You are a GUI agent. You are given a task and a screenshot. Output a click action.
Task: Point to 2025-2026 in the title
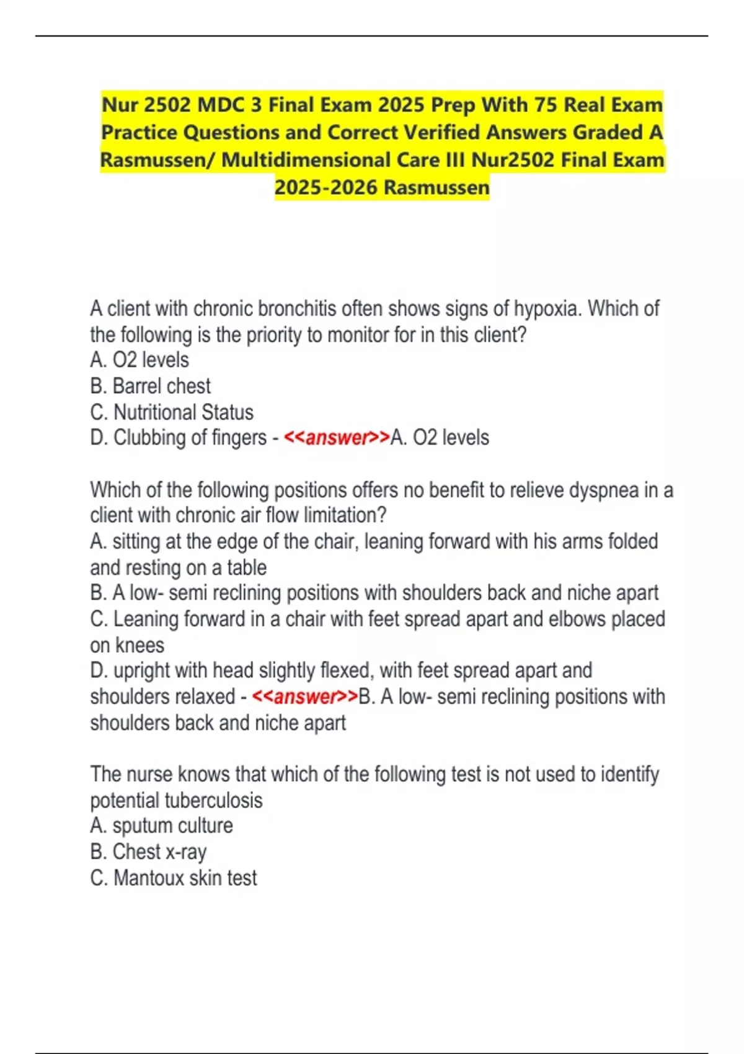tap(325, 187)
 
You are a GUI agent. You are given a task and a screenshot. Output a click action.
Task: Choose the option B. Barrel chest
tap(151, 386)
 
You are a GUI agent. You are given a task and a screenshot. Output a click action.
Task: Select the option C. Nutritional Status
tap(172, 412)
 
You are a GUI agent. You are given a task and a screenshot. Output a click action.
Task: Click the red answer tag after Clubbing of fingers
tap(337, 438)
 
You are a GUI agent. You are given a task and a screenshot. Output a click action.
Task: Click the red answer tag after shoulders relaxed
tap(305, 697)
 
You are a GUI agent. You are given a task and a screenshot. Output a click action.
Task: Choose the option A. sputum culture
tap(162, 826)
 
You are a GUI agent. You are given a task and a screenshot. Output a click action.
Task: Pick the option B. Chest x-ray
tap(149, 852)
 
